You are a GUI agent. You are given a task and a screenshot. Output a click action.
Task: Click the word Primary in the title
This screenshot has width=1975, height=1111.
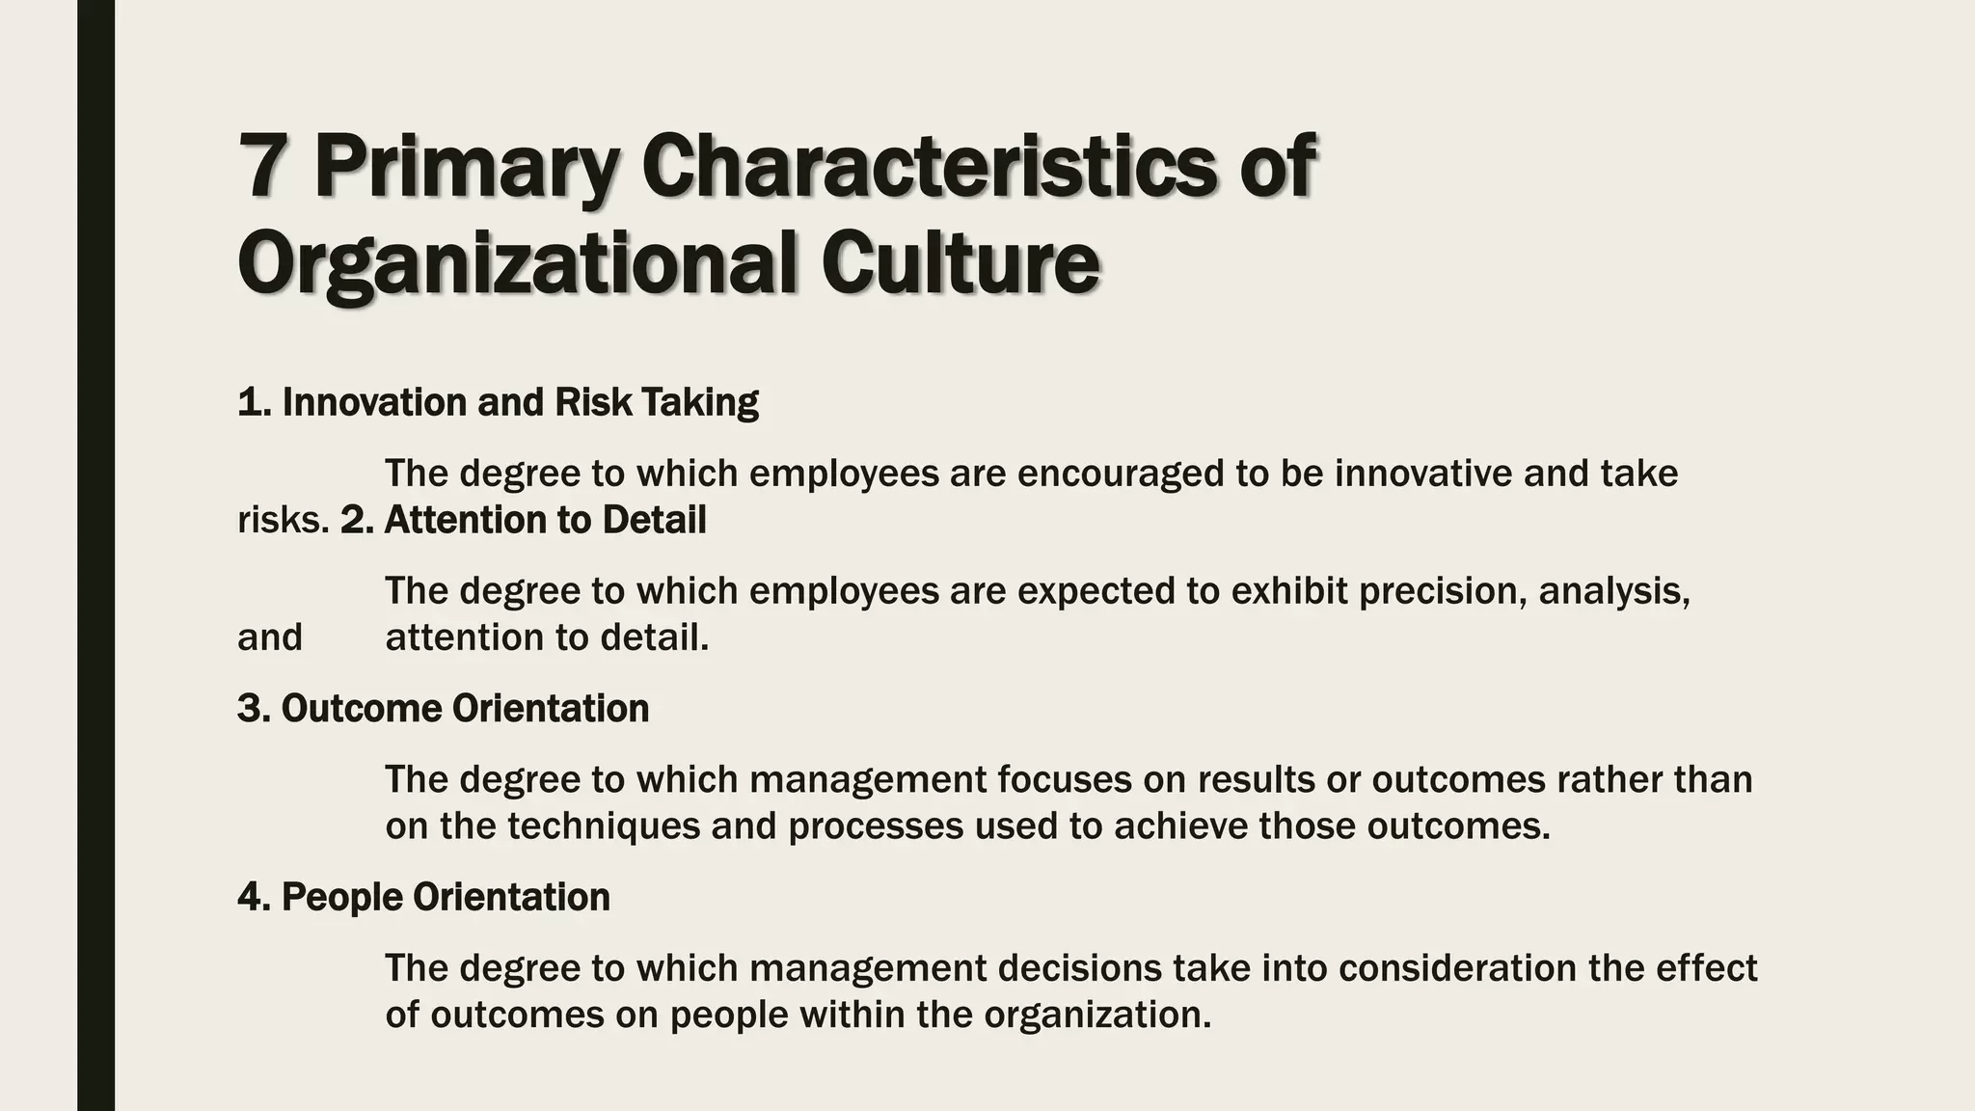coord(467,169)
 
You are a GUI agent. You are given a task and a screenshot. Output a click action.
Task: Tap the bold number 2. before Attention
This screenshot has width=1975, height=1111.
coord(357,521)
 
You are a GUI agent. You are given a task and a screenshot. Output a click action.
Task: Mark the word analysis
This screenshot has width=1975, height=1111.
coord(1613,591)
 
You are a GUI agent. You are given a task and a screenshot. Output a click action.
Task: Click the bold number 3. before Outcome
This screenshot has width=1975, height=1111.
coord(254,709)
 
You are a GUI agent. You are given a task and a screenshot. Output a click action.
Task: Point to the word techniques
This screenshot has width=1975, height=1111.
coord(604,827)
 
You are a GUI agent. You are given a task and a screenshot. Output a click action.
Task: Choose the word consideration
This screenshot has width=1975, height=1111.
coord(1457,968)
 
